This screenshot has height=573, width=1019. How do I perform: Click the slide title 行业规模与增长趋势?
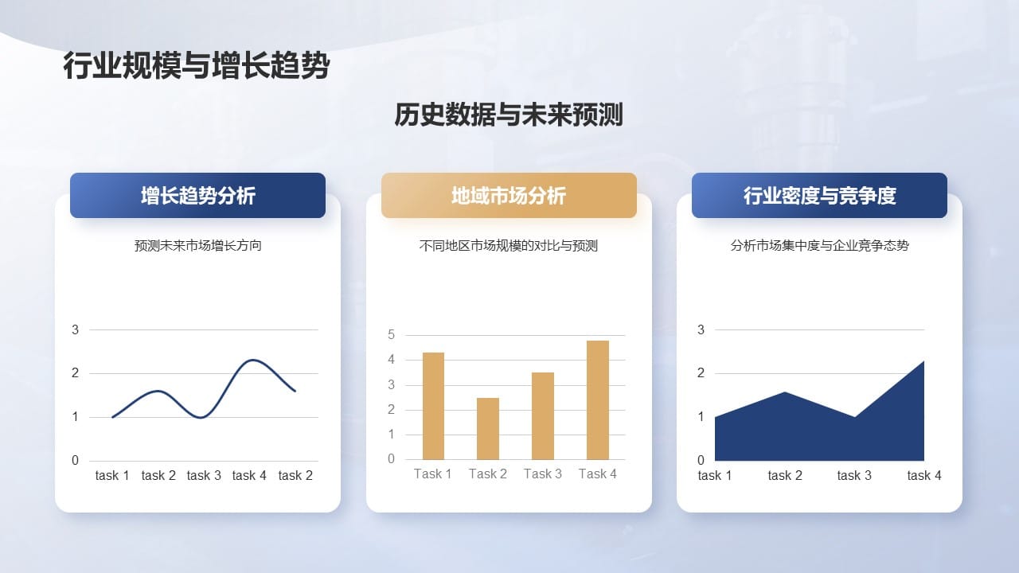tap(196, 67)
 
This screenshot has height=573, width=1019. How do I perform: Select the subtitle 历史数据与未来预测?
tap(509, 115)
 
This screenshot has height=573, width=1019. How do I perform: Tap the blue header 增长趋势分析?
tap(197, 196)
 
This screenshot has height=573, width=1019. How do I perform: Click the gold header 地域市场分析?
tap(509, 196)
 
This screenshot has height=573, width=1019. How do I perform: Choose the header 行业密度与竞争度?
tap(819, 196)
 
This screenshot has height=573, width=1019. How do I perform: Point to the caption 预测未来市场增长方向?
tap(197, 246)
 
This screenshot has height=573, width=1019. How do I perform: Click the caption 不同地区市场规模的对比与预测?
tap(509, 246)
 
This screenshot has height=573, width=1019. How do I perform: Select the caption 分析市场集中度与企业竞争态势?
tap(819, 246)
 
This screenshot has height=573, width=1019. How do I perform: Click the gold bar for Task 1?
tap(433, 406)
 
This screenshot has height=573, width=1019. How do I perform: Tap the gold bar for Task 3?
tap(543, 415)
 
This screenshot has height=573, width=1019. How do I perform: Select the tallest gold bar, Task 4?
tap(598, 400)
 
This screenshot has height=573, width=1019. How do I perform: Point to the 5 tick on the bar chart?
tap(391, 335)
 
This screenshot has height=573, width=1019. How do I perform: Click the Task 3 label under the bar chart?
tap(543, 474)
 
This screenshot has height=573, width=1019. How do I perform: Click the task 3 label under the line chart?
tap(204, 475)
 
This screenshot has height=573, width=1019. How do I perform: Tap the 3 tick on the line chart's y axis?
tap(76, 329)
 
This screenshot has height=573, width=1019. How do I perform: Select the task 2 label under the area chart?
tap(785, 475)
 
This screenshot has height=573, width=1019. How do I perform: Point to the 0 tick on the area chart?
tap(701, 460)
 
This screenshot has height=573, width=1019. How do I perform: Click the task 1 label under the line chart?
tap(112, 475)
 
